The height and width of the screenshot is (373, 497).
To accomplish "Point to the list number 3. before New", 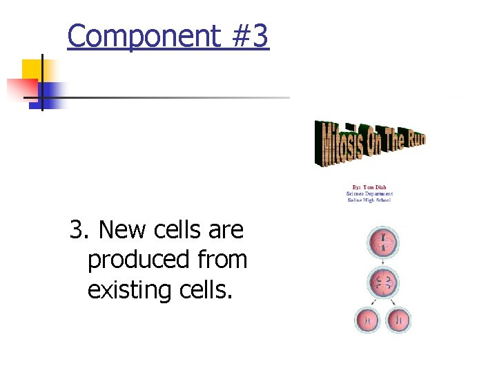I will click(x=81, y=230).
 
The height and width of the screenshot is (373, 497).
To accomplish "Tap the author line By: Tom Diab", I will click(x=369, y=186).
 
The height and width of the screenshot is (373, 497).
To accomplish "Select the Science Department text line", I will click(x=369, y=193).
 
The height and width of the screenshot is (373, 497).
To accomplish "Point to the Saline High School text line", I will click(x=369, y=200).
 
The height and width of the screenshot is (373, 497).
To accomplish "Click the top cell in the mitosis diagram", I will click(x=384, y=242).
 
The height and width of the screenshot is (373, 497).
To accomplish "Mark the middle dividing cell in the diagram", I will click(x=384, y=283).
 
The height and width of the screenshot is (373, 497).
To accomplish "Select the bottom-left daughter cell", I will click(x=368, y=321).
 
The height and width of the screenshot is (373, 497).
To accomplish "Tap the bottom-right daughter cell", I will click(x=399, y=321).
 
